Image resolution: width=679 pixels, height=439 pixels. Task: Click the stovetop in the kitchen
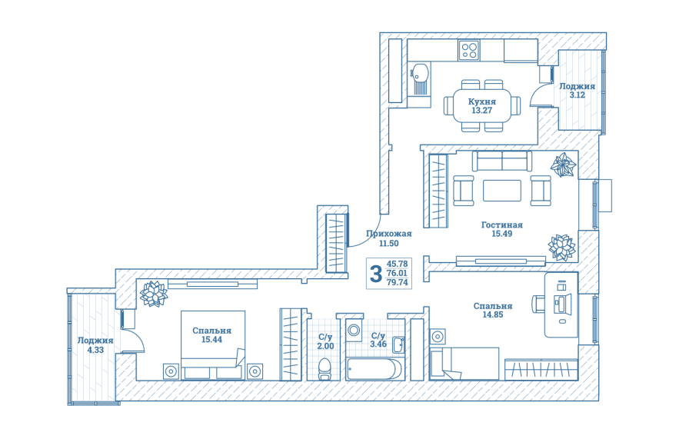tap(468, 50)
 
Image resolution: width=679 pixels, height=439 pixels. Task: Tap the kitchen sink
tap(419, 78)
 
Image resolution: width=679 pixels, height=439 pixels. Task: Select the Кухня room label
tap(482, 101)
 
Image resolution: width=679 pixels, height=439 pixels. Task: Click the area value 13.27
tap(482, 111)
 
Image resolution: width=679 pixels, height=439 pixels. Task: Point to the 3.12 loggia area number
tap(577, 95)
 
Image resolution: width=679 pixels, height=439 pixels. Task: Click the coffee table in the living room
tap(502, 191)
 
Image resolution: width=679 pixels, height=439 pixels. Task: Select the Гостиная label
tap(502, 225)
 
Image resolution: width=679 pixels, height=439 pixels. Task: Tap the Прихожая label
tap(389, 234)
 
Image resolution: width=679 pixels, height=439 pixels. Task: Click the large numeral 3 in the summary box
tap(376, 274)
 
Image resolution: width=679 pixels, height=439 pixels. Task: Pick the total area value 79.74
tap(397, 282)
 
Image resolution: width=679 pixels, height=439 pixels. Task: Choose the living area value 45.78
tap(397, 264)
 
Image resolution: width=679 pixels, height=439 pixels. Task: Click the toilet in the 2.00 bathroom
tap(325, 369)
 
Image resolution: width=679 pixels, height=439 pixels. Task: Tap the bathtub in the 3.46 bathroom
tap(374, 369)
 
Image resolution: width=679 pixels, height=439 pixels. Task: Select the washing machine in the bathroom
tap(354, 331)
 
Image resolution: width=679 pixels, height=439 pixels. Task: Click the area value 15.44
tap(211, 340)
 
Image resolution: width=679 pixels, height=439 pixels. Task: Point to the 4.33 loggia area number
tap(95, 350)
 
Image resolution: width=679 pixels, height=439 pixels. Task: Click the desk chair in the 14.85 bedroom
tap(538, 304)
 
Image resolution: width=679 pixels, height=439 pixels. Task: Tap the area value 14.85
tap(493, 314)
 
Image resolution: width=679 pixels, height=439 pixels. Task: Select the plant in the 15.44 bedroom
tap(153, 294)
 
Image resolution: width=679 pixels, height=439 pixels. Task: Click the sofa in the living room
tap(502, 161)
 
